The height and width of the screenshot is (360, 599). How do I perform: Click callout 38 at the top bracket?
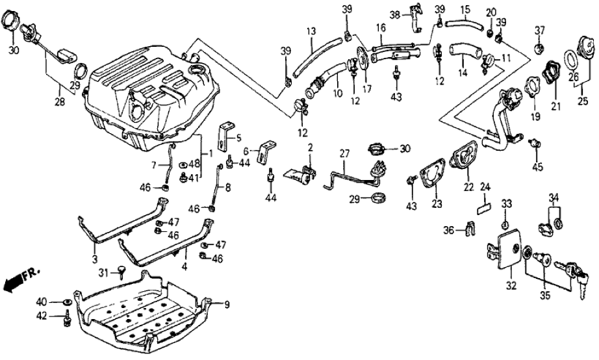click(394, 14)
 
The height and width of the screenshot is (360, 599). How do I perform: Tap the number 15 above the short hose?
click(465, 10)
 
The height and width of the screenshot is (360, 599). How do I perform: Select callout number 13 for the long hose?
click(311, 31)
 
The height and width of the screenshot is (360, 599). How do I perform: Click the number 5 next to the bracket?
click(238, 137)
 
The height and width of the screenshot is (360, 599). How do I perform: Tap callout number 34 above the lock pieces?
click(554, 198)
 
